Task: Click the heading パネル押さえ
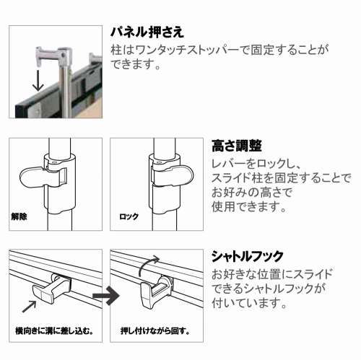click(x=147, y=32)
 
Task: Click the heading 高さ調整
click(x=237, y=146)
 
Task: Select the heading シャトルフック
click(x=248, y=256)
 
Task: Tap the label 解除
click(x=19, y=216)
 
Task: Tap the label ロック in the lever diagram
click(x=129, y=216)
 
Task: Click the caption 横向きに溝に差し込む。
click(x=54, y=331)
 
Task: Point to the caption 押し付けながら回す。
click(x=155, y=331)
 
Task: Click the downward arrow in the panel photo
click(x=38, y=81)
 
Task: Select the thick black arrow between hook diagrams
click(x=106, y=296)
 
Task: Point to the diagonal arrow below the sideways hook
click(x=29, y=307)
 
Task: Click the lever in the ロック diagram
click(x=173, y=175)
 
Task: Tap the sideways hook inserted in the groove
click(x=52, y=289)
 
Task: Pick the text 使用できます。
click(x=249, y=206)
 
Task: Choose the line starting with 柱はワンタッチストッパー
click(x=219, y=50)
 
